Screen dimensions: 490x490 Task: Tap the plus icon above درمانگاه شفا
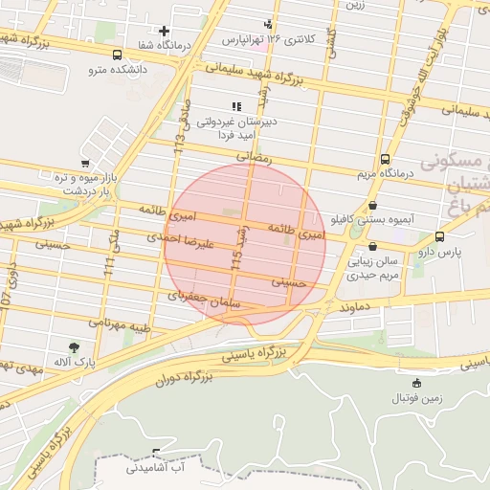[165, 32]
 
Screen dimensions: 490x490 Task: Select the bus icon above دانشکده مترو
[117, 55]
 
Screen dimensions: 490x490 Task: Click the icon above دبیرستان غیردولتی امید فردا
[235, 106]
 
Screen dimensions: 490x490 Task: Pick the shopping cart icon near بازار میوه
[85, 164]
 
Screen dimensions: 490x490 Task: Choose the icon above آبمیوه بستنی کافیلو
[372, 205]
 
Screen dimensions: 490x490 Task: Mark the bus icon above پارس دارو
[439, 236]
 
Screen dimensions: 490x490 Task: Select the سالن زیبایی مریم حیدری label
[383, 267]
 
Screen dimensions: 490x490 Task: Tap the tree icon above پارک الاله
[74, 347]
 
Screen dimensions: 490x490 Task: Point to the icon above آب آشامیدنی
[157, 453]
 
